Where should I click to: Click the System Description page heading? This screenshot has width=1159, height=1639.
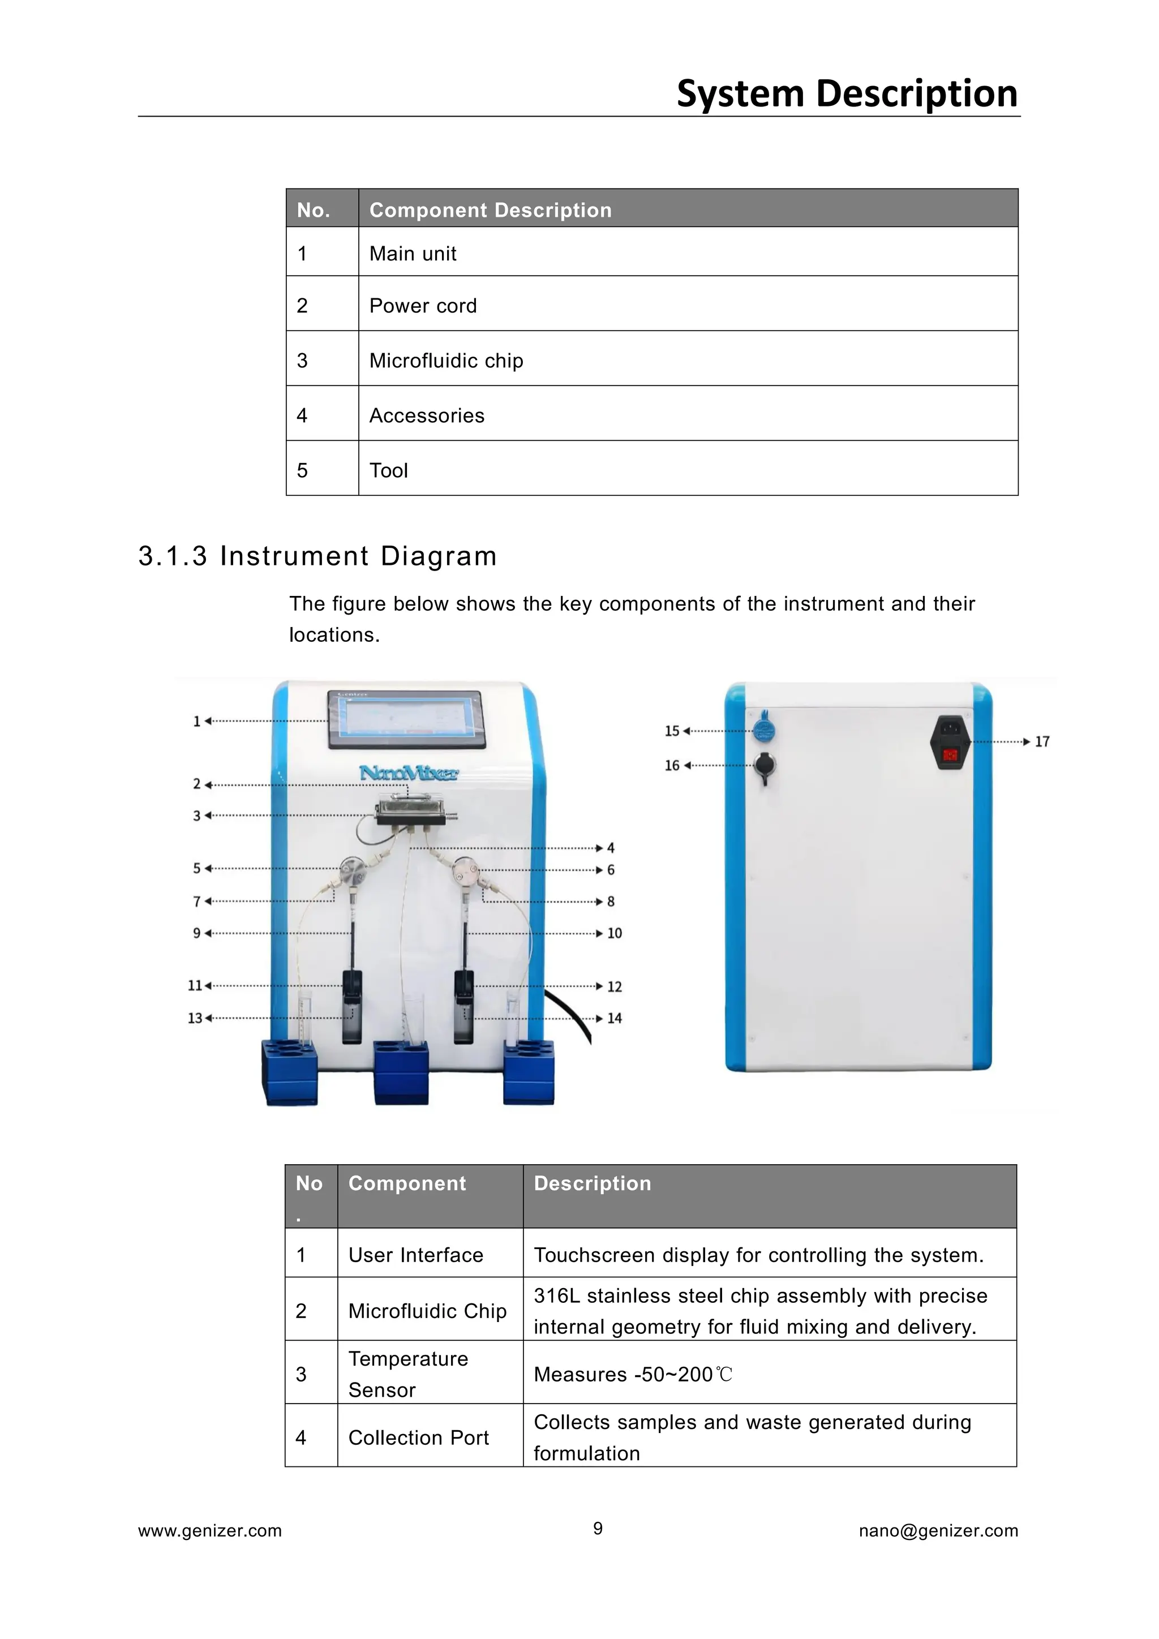click(847, 94)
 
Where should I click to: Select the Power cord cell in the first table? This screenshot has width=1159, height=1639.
click(423, 306)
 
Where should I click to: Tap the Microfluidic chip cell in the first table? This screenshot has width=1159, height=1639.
click(446, 361)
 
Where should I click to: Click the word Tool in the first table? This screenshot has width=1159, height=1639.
click(388, 470)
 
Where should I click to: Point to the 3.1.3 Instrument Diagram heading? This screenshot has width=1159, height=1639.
click(317, 556)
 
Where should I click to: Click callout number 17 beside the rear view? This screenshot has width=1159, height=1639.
click(1042, 742)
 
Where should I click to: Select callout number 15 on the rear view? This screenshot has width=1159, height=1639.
click(672, 731)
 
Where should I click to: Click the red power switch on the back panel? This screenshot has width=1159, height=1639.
click(950, 755)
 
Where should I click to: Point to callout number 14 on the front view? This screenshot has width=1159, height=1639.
click(615, 1019)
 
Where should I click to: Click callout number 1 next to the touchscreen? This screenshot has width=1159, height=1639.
click(196, 722)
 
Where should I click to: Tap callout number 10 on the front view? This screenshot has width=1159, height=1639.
click(615, 934)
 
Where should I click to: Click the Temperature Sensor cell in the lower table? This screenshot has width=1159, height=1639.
click(408, 1374)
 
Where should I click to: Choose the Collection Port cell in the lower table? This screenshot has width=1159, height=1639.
click(418, 1437)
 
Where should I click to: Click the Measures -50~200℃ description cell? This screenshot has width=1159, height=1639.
click(633, 1374)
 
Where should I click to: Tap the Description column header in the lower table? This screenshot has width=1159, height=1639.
click(593, 1183)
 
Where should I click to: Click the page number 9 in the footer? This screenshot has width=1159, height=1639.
click(598, 1528)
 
